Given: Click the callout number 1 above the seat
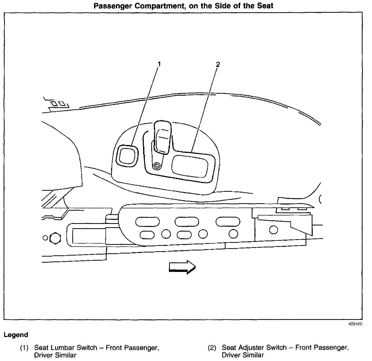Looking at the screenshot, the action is (159, 64).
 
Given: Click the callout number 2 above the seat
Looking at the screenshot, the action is (217, 64).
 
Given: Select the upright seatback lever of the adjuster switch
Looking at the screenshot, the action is (162, 137).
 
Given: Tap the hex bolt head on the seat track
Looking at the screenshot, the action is (55, 238).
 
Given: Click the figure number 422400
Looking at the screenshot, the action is (355, 324).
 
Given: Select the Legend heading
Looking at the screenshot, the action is (16, 335).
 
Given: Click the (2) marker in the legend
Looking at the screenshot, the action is (212, 348).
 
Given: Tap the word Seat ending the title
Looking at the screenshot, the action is (265, 6).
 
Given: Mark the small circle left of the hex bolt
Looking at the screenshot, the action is (45, 238).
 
